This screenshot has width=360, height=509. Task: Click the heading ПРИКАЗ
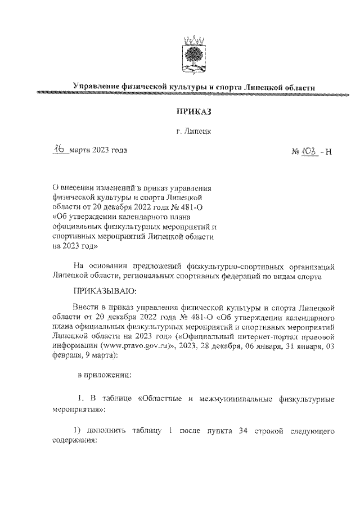coord(193,112)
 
